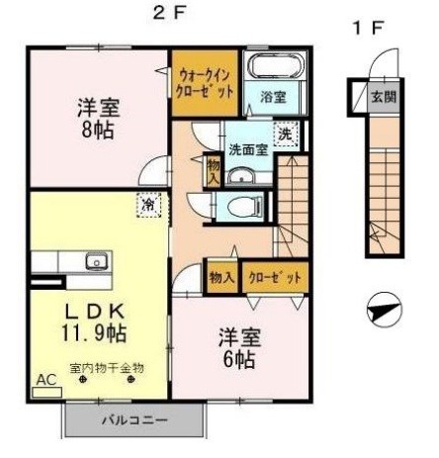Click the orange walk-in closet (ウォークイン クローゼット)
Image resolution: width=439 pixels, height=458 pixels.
[205, 81]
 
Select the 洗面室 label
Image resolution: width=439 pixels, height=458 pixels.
[247, 150]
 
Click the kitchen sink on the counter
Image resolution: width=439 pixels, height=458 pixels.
[95, 261]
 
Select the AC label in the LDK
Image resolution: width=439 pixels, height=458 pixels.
[45, 379]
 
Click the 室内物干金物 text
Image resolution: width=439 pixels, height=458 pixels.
[107, 368]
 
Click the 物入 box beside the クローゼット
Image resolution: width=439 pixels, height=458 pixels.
[220, 278]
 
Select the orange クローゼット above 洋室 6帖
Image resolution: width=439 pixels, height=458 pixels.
[274, 278]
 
